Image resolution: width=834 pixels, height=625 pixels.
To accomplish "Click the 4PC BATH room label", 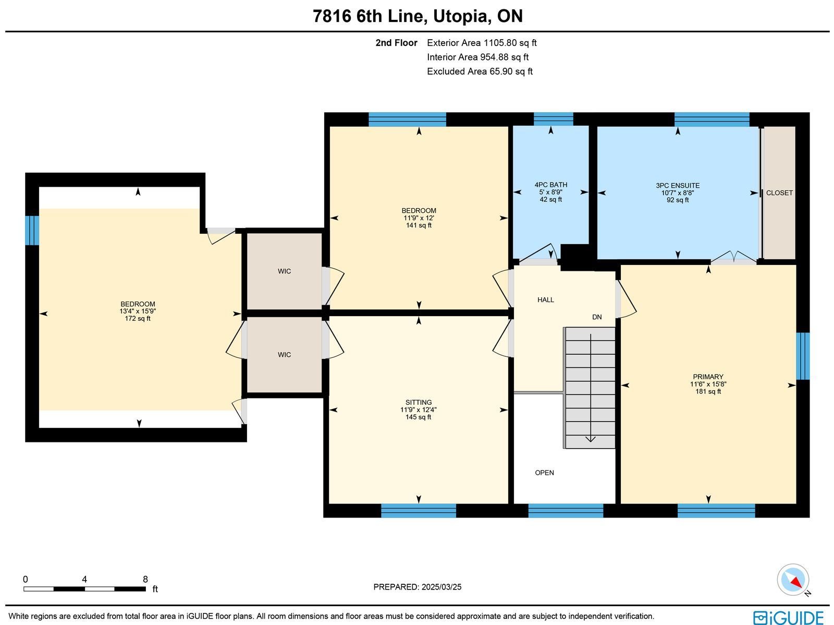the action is tap(550, 185).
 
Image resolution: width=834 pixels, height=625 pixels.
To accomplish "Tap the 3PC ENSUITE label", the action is tap(678, 186).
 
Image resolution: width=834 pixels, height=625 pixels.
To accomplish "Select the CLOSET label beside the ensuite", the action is tap(779, 193).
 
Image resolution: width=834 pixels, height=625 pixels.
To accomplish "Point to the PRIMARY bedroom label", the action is tap(708, 377).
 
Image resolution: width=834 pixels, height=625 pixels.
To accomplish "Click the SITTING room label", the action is tap(419, 402).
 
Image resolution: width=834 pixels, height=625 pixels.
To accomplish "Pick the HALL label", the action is tap(546, 299).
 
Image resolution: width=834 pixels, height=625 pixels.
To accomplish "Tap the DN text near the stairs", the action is tap(597, 317).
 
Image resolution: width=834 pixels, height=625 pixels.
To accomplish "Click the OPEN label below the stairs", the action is tap(544, 473).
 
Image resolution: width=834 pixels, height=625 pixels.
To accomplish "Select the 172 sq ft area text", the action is tap(138, 319).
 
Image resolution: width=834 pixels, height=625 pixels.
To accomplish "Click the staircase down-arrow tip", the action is tap(591, 441).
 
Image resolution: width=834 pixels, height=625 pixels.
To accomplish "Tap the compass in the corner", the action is tap(793, 580).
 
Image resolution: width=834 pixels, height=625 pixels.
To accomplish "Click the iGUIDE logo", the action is tap(789, 617).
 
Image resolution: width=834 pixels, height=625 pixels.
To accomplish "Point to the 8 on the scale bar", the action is tap(145, 579).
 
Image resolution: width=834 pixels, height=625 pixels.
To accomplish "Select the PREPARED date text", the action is tap(417, 587).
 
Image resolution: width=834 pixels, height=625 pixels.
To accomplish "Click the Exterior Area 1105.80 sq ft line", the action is tap(482, 43).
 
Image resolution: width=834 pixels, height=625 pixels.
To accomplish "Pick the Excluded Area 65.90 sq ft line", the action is tap(480, 71).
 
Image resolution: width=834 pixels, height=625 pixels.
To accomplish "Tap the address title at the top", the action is tap(418, 16).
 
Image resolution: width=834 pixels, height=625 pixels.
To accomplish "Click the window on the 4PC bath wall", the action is tap(553, 119).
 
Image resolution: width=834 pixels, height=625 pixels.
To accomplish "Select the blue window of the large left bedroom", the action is tap(32, 231).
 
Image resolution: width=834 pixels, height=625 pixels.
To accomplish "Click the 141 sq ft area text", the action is tap(419, 225).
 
